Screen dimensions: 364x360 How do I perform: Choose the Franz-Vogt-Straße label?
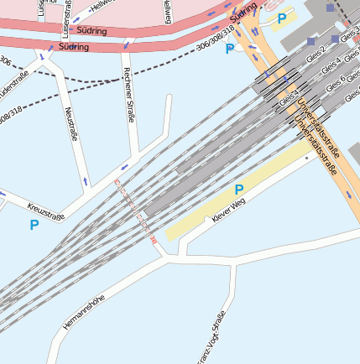tap(211, 338)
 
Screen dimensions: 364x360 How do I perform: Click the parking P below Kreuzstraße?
tap(34, 225)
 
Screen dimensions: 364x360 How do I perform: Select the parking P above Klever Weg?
tap(239, 190)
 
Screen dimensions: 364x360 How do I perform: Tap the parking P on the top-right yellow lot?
tap(282, 18)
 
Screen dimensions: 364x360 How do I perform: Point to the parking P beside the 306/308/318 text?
tap(230, 49)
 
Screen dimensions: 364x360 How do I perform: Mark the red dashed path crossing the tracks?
tap(134, 210)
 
